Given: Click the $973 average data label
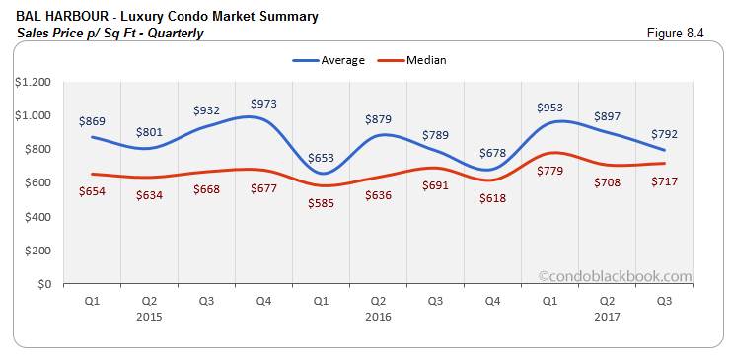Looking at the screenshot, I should [x=264, y=103].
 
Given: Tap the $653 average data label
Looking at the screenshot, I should [x=322, y=157].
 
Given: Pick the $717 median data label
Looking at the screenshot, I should [x=664, y=182].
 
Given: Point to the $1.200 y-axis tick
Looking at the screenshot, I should [x=32, y=82].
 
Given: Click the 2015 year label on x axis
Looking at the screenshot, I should [x=150, y=317].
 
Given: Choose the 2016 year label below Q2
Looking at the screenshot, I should [x=379, y=317].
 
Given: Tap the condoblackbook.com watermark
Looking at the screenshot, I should [x=615, y=277].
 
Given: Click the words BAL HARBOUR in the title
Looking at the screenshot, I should [x=60, y=17].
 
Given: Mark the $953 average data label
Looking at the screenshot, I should [x=549, y=107].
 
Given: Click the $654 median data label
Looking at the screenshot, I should [x=93, y=190].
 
